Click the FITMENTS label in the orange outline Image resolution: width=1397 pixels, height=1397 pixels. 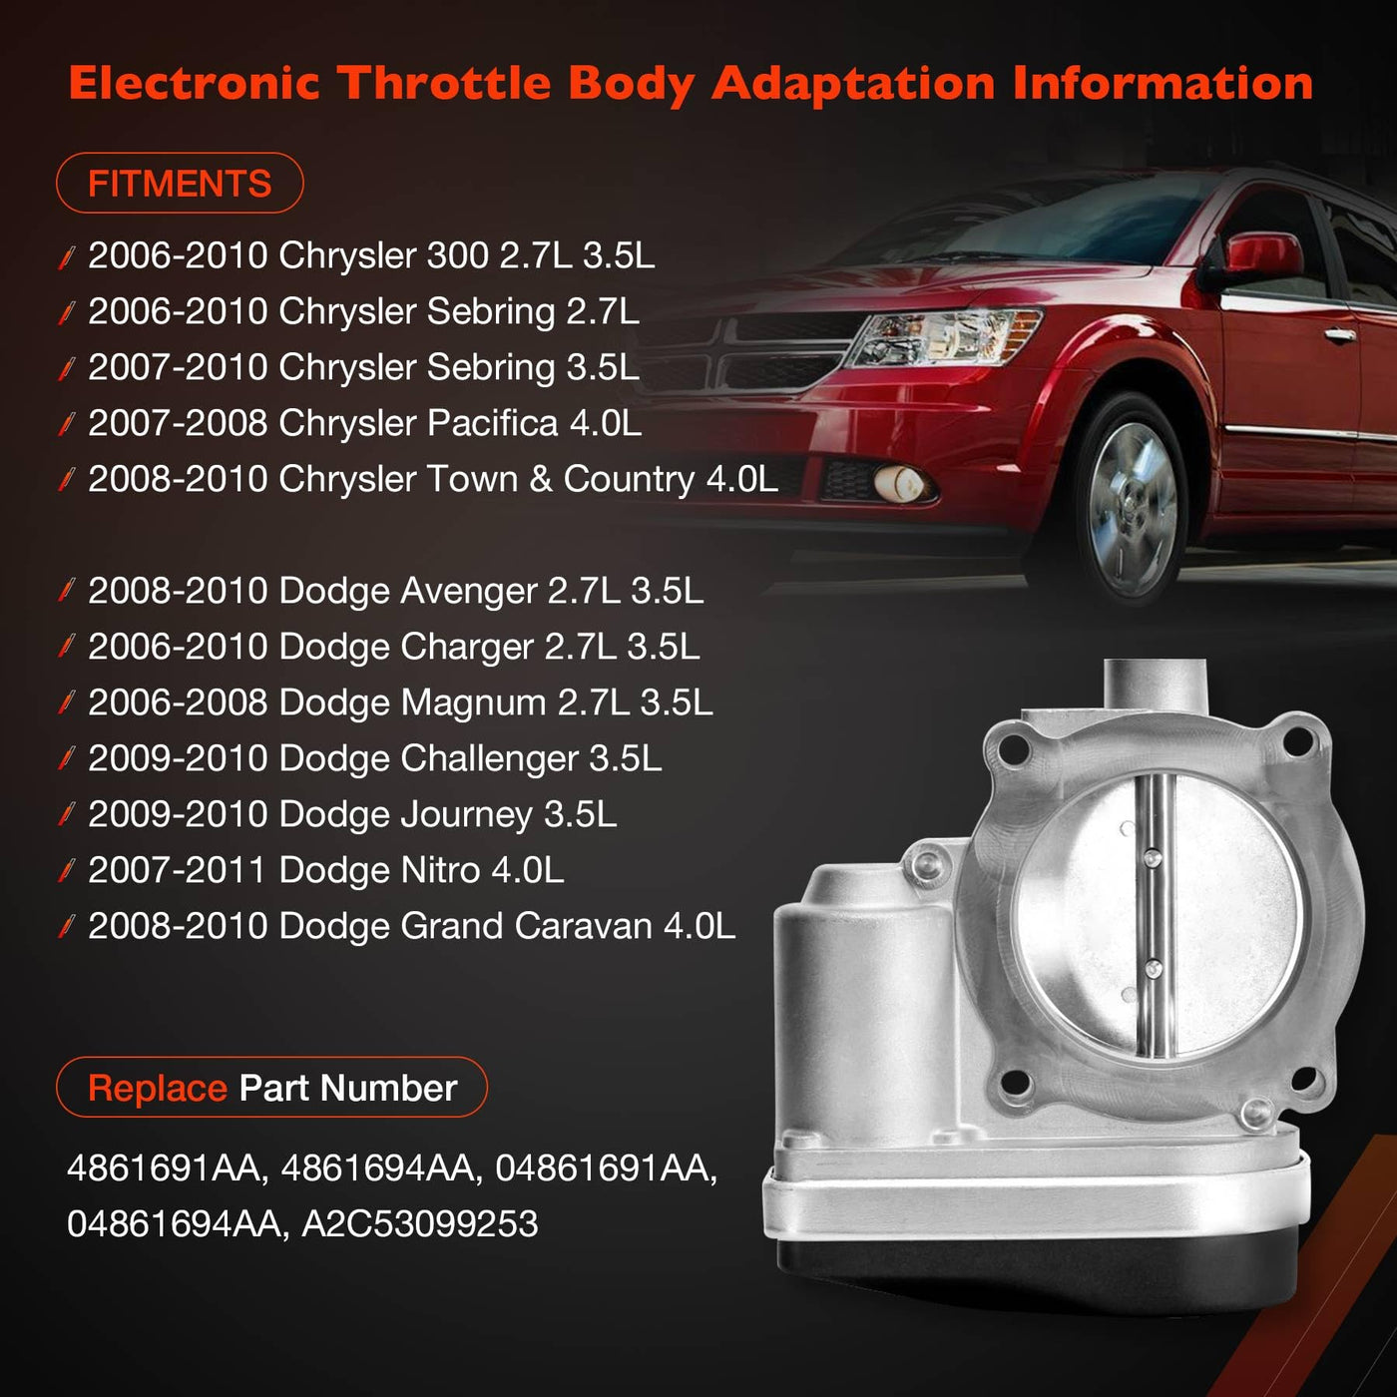(179, 184)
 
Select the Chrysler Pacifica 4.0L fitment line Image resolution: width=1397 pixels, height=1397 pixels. (364, 423)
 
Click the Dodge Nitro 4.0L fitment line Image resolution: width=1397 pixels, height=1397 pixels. (325, 870)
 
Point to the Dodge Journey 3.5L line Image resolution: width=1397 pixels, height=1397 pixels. (352, 814)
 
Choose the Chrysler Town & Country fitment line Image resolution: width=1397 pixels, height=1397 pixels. (433, 479)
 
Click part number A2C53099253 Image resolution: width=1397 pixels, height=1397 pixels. (420, 1223)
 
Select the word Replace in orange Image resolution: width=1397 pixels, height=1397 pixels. (158, 1088)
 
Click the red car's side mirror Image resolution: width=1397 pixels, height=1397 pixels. (1263, 255)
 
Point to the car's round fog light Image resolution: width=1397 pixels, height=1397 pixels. (900, 483)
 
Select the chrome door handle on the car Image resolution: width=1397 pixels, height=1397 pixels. (1338, 334)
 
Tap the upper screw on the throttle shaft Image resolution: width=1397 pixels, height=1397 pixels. (1151, 858)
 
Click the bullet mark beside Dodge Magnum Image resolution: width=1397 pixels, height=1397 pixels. (67, 702)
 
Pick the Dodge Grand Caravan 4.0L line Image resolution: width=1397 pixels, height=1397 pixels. (411, 926)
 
